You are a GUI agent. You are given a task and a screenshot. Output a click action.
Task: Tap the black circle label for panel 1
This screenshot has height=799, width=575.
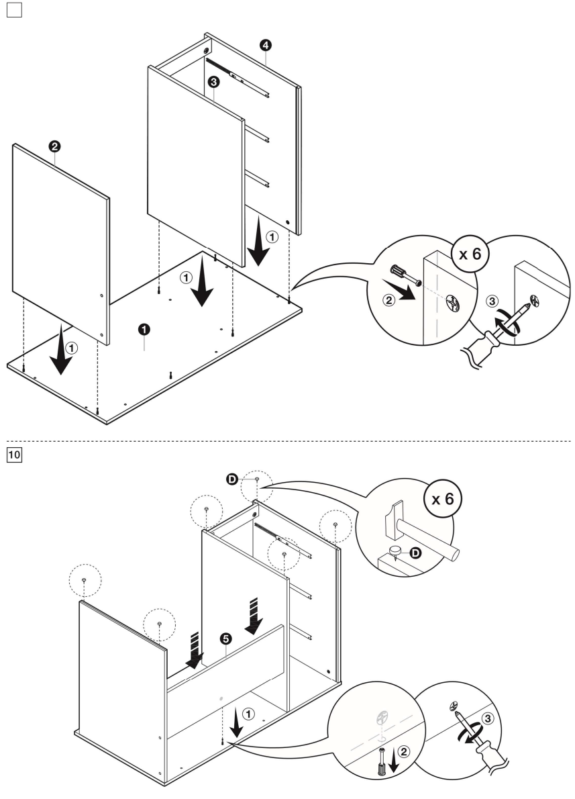coord(144,328)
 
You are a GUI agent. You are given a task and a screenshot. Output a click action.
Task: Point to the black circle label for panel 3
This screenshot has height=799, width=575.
coord(213,82)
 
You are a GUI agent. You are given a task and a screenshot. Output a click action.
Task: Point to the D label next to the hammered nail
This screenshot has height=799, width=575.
coord(415,553)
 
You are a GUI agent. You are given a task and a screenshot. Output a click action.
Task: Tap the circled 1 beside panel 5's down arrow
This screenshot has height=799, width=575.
coord(249,714)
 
